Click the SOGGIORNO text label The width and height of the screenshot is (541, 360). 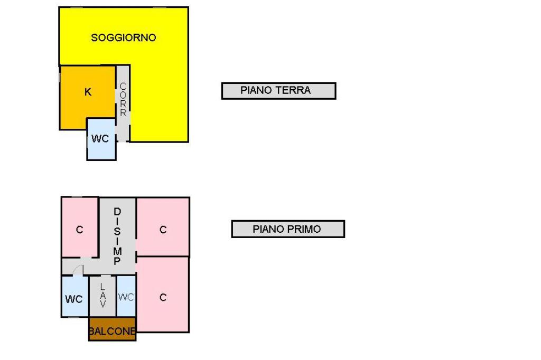(x=124, y=38)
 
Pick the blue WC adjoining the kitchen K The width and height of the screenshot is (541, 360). (x=101, y=139)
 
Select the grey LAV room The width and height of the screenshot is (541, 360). (x=102, y=296)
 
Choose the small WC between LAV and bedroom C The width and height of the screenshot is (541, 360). (x=126, y=297)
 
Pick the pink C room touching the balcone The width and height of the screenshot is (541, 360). (x=163, y=296)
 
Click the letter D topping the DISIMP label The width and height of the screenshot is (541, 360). (x=117, y=212)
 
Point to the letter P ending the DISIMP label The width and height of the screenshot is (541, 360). (x=117, y=261)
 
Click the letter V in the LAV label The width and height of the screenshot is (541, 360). (x=102, y=304)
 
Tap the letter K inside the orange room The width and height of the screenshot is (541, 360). (x=88, y=92)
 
